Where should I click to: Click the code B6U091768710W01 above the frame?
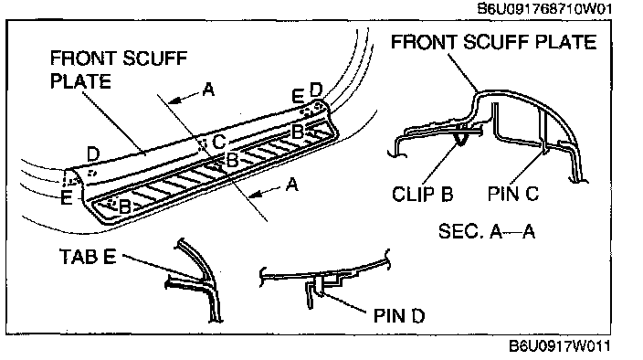[544, 8]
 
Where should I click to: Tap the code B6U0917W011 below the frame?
[560, 346]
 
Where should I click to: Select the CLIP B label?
[422, 194]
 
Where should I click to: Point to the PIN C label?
[513, 194]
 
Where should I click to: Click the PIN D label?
[399, 316]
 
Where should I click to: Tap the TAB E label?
[88, 257]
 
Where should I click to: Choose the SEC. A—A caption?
[487, 231]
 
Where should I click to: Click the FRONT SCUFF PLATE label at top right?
[494, 42]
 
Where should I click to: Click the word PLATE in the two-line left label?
[80, 80]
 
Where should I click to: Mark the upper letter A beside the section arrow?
[209, 90]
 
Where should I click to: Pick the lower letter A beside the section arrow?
[291, 185]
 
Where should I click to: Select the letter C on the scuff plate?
[219, 142]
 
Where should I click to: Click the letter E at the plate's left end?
[67, 197]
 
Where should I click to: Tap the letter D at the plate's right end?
[316, 90]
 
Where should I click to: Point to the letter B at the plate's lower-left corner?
[124, 206]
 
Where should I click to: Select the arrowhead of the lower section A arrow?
[255, 194]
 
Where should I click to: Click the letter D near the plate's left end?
[93, 154]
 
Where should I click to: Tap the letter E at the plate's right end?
[298, 97]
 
